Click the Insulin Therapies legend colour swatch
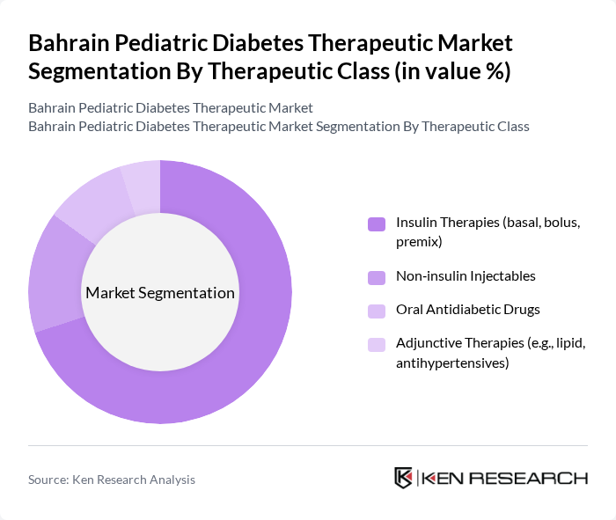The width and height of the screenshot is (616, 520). (377, 224)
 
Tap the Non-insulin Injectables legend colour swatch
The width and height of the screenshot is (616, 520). (377, 277)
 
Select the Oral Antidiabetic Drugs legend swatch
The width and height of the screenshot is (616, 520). (377, 311)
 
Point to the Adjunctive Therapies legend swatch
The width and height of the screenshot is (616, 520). (377, 345)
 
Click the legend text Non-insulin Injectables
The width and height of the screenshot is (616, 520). (466, 276)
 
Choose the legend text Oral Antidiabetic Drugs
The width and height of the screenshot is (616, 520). (467, 310)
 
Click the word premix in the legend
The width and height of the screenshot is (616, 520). (418, 241)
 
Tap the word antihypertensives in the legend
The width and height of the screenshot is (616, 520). (452, 362)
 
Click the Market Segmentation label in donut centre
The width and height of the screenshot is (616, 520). (160, 293)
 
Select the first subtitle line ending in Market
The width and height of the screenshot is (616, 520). (171, 108)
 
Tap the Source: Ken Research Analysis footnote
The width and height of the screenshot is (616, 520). (112, 480)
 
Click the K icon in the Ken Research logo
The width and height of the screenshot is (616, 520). (403, 478)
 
